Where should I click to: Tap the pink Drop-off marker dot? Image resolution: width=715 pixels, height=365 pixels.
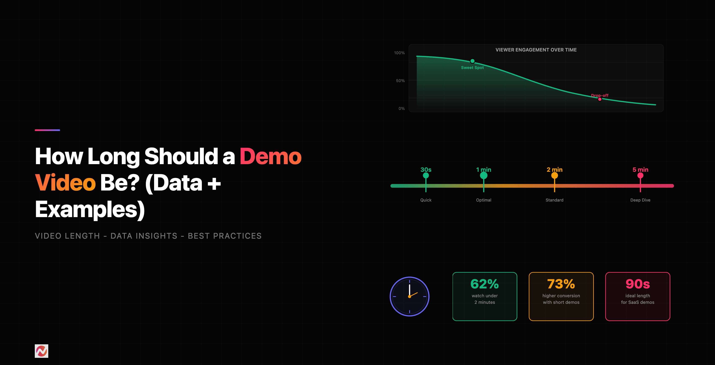[x=600, y=99]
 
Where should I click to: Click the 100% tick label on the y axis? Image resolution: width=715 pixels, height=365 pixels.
[x=399, y=53]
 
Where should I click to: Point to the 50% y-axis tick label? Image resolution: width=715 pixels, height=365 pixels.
[x=400, y=81]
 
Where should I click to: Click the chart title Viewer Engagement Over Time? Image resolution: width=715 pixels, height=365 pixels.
[x=536, y=50]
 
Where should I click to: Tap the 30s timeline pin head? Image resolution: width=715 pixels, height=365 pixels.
[x=426, y=176]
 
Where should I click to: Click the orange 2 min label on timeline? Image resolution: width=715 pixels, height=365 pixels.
[x=554, y=169]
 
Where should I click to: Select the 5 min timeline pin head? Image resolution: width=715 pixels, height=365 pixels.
[x=640, y=176]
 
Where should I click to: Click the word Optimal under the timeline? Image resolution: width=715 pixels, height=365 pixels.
[x=484, y=200]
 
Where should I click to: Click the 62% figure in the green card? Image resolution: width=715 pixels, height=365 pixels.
[x=485, y=284]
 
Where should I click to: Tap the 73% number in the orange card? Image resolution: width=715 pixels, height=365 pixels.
[x=561, y=284]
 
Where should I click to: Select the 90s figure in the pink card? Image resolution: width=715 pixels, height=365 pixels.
[x=638, y=284]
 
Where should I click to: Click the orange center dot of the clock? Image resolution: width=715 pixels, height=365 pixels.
[x=409, y=297]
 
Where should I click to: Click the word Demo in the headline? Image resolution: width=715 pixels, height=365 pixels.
[x=270, y=156]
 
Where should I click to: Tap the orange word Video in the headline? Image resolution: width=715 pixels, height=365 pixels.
[x=66, y=183]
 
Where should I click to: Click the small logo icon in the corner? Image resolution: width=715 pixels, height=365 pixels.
[x=41, y=351]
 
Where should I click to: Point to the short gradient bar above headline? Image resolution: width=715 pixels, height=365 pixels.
[x=47, y=130]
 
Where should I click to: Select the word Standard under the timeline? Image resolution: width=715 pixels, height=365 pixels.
[x=554, y=200]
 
